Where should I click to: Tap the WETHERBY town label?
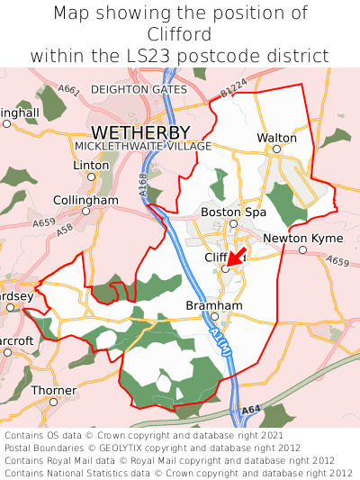click(140, 133)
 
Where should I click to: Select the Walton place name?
click(276, 138)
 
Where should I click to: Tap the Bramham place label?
click(214, 305)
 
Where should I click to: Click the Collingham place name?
click(85, 199)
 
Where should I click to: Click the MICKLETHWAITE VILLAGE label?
click(143, 146)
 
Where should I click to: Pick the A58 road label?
click(64, 231)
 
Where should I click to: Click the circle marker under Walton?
click(277, 149)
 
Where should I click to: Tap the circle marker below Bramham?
click(215, 316)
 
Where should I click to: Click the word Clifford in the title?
click(180, 34)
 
